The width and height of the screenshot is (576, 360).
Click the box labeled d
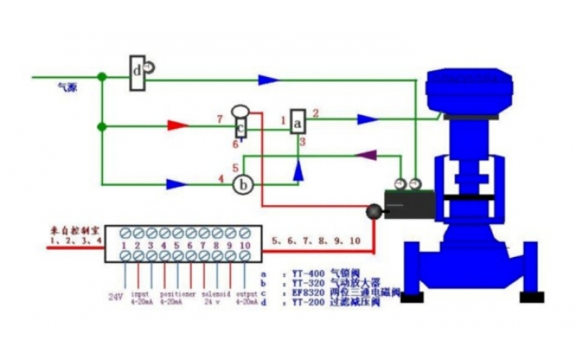[138, 73]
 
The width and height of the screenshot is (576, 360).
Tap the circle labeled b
[244, 185]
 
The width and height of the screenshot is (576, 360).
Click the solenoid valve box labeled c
[240, 128]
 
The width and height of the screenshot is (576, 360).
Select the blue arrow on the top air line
[269, 79]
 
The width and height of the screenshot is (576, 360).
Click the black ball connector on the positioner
[374, 212]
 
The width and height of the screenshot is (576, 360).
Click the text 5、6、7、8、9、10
[315, 240]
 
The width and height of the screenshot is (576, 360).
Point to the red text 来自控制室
[75, 230]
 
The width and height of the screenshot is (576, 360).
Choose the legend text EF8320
[308, 293]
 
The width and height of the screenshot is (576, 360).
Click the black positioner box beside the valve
[409, 206]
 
